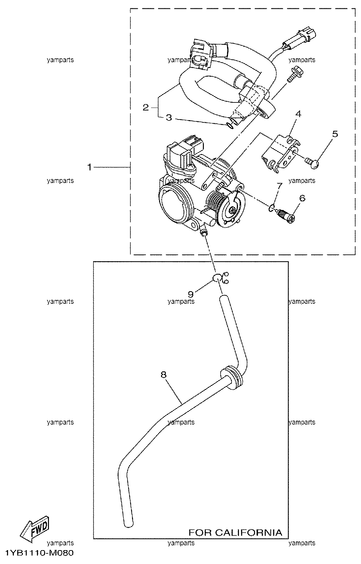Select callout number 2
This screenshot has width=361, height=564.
point(146,107)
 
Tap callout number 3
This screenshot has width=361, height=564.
point(169,118)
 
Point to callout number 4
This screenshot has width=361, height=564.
point(298,114)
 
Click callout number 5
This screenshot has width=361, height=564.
point(335,134)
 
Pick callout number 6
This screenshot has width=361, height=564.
point(302,198)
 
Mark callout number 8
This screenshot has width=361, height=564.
point(164,375)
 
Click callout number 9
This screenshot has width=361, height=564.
point(191,294)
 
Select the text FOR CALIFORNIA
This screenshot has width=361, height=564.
point(235,532)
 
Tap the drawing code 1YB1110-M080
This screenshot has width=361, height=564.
point(40,553)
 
